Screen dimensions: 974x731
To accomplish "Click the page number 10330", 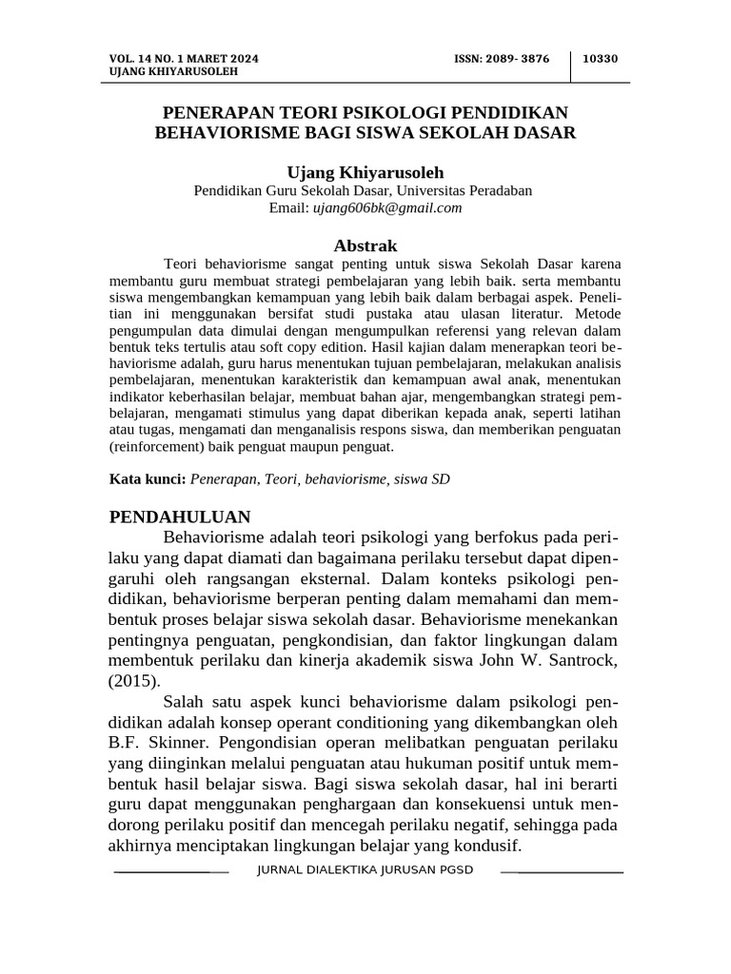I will tap(600, 58).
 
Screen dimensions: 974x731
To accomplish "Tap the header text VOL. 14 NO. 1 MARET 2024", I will tap(184, 58).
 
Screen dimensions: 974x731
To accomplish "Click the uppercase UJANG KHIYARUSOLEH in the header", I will tap(174, 71).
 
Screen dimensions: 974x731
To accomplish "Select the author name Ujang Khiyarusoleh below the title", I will tap(365, 172).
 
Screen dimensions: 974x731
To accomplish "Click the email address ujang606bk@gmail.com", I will tap(387, 207).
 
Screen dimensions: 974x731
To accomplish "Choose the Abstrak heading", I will tap(365, 245).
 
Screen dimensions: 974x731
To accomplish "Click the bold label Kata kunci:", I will tap(148, 479).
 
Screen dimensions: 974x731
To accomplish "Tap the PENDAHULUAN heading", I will tap(180, 517).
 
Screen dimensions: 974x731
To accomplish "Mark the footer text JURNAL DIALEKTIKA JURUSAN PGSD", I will tap(365, 870).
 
